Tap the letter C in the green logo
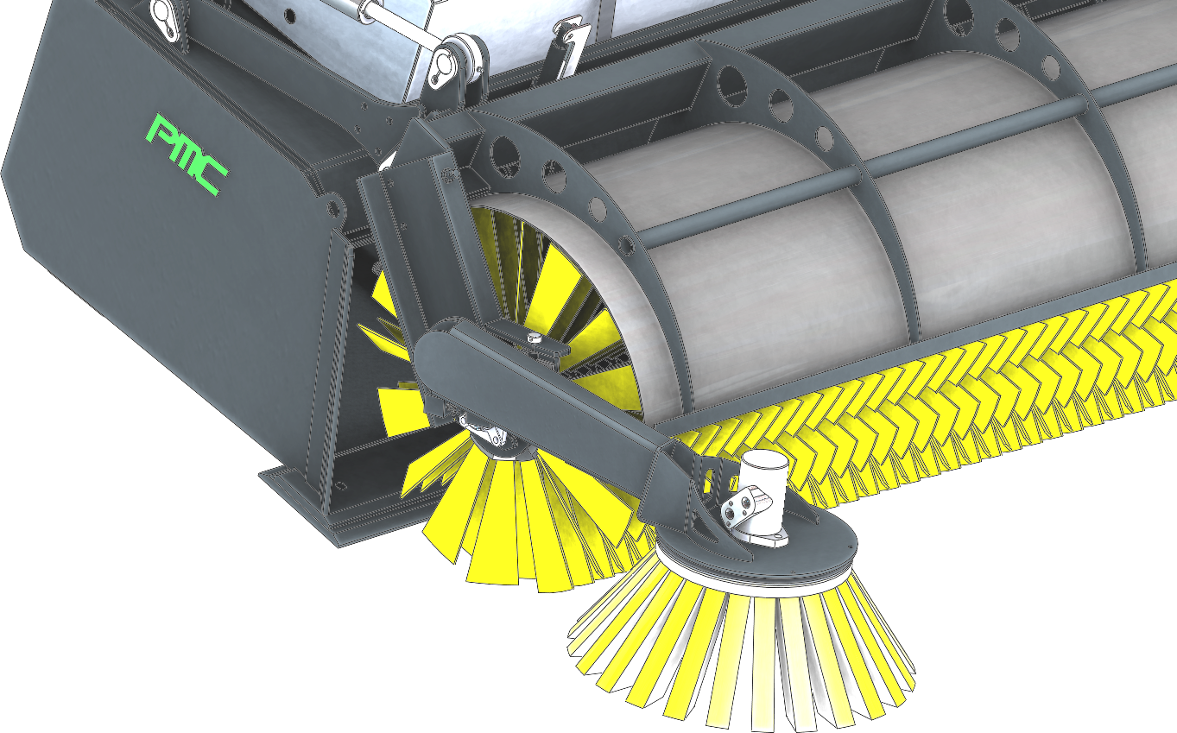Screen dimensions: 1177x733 point(214,179)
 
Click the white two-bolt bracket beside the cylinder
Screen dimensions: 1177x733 point(746,505)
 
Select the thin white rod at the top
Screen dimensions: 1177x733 point(399,23)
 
